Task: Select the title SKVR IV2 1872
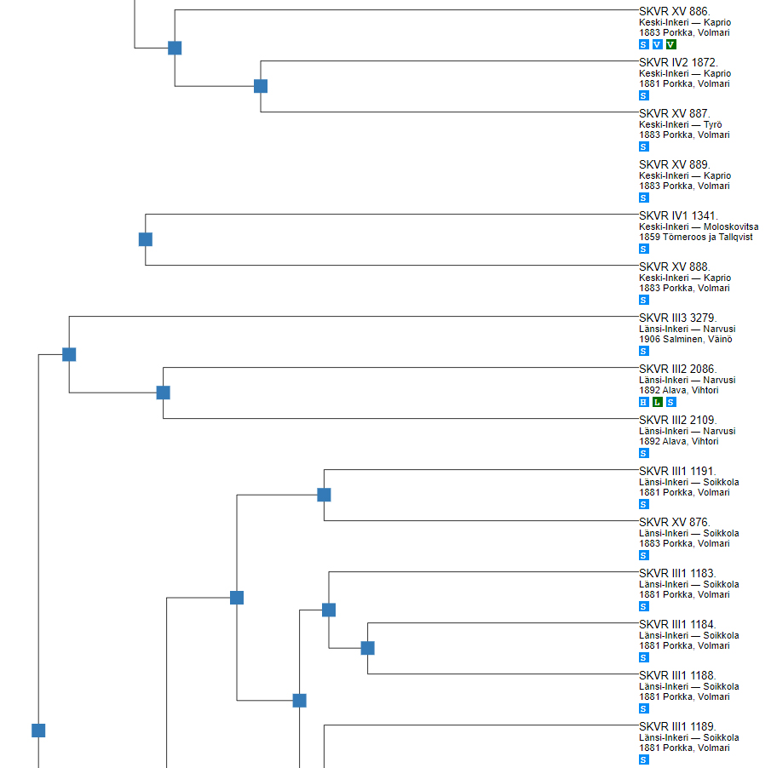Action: [678, 62]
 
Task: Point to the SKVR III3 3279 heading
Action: [677, 318]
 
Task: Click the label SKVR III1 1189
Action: [678, 726]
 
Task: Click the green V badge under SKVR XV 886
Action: [671, 44]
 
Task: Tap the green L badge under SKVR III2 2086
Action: [657, 402]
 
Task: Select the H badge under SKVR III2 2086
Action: [644, 402]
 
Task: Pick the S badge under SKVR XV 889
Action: [644, 198]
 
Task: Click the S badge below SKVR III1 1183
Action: [644, 606]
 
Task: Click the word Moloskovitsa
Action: [730, 226]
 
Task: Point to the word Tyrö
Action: [712, 124]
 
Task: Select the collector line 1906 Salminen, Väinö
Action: [685, 339]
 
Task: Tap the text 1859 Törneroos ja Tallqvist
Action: [696, 237]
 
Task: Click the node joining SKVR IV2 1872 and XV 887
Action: [261, 86]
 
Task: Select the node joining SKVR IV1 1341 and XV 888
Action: [146, 239]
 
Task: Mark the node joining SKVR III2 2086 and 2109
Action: [164, 393]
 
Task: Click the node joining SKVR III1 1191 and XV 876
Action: [324, 495]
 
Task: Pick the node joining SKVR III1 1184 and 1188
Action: [368, 648]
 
